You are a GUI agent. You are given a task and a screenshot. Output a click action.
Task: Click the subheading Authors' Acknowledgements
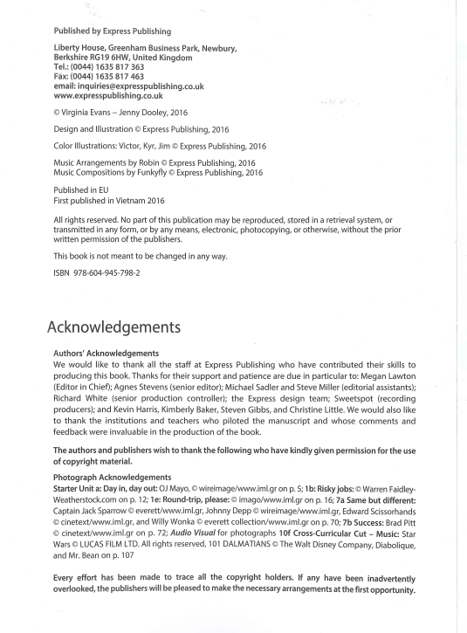point(106,354)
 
